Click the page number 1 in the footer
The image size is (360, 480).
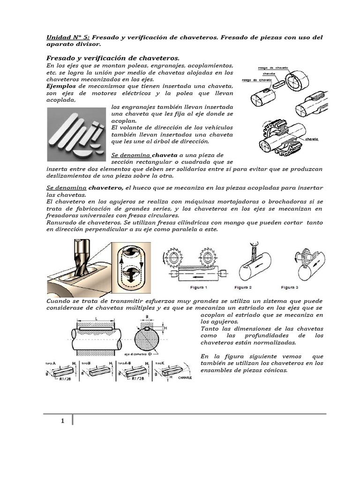pos(62,421)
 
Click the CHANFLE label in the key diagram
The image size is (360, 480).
pos(179,376)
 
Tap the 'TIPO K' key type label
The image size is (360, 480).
pos(161,363)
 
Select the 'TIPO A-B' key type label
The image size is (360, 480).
pos(126,363)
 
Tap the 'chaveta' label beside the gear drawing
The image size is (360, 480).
pos(312,139)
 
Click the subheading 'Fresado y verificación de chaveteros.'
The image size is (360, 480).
pos(112,57)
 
